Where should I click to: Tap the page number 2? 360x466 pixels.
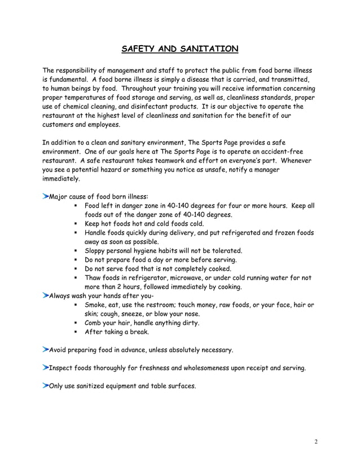pyautogui.click(x=317, y=442)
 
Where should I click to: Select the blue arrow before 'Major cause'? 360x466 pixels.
pyautogui.click(x=46, y=196)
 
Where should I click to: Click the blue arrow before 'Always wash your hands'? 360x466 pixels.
pyautogui.click(x=46, y=295)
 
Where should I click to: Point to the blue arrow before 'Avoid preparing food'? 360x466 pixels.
pyautogui.click(x=46, y=349)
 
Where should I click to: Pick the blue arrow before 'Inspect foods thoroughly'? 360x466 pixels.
pyautogui.click(x=46, y=367)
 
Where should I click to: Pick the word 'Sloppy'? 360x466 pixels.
pyautogui.click(x=96, y=250)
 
